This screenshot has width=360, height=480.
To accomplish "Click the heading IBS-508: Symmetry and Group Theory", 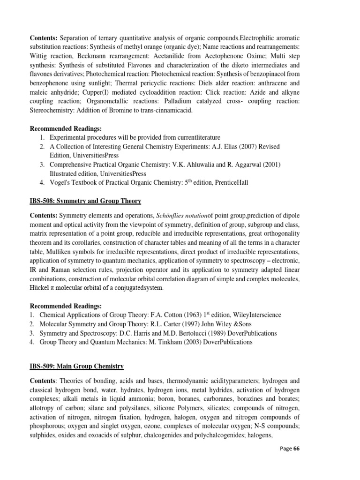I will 85,201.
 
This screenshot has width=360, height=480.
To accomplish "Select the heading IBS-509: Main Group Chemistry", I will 77,366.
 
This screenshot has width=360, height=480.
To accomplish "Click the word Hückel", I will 41,288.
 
